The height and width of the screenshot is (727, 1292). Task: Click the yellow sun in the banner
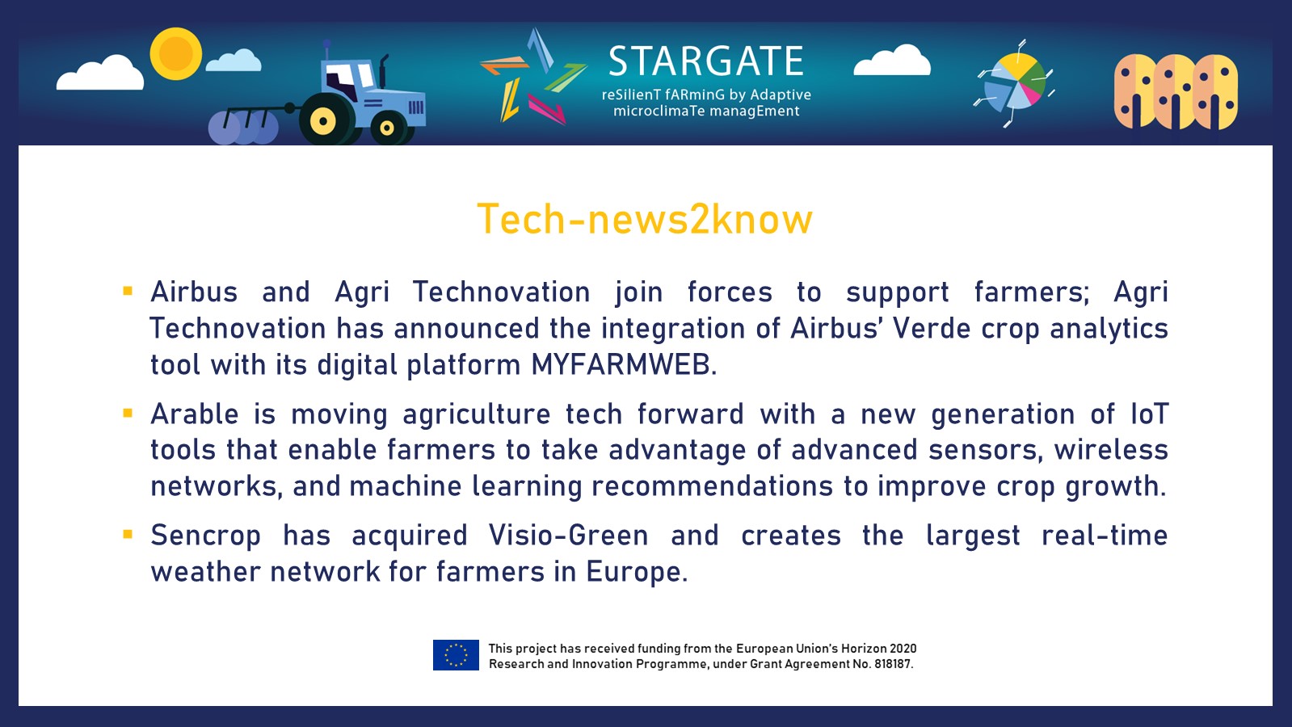pos(176,53)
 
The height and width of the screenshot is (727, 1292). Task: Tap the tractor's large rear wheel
pos(323,120)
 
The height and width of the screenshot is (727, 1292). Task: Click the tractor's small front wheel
pos(387,128)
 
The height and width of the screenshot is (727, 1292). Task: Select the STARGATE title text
pos(706,61)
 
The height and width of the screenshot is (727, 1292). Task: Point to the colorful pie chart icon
pos(1014,82)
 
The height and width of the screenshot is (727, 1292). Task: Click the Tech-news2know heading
pos(645,219)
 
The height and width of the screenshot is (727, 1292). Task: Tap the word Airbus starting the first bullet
pos(194,292)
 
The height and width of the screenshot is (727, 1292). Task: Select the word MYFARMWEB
pos(624,364)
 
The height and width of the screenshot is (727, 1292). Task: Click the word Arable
pos(195,414)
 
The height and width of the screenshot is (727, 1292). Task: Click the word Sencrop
pos(205,536)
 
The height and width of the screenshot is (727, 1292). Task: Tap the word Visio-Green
pos(568,536)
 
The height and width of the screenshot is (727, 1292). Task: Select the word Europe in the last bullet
pos(637,572)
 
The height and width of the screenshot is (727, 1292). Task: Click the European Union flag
pos(456,655)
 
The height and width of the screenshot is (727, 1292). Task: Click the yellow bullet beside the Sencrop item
pos(128,535)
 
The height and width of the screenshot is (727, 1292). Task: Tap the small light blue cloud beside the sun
pos(234,61)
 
